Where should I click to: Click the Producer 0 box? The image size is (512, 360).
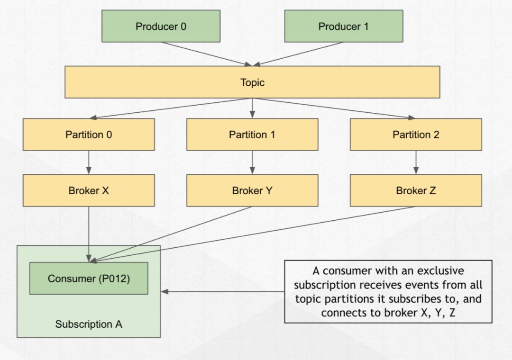tap(161, 27)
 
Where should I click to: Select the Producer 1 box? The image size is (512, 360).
tap(343, 27)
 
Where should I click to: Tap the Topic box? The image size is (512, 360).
tap(252, 82)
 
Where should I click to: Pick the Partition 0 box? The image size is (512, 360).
tap(89, 135)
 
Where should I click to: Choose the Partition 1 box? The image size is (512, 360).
tap(252, 135)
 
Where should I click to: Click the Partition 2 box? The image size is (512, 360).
tap(416, 135)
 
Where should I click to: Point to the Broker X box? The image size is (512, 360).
tap(89, 190)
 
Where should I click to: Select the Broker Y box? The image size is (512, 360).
tap(252, 190)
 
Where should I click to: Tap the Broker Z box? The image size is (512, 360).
tap(416, 190)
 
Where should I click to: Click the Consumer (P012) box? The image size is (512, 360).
tap(89, 279)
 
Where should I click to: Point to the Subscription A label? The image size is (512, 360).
tap(89, 324)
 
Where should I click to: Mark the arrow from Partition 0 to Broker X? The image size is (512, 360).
tap(89, 162)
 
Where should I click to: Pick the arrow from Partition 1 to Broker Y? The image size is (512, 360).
tap(252, 162)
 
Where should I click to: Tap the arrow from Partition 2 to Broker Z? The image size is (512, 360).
tap(416, 162)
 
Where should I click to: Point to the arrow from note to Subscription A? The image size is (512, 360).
tap(223, 291)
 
